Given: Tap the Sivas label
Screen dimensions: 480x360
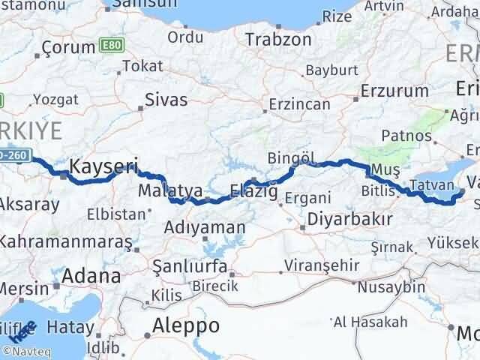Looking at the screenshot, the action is click(165, 97).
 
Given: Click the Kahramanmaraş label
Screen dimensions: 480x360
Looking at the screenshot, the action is click(65, 241).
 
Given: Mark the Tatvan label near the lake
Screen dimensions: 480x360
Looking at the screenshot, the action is click(430, 185).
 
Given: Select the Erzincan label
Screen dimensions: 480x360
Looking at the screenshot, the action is click(300, 104).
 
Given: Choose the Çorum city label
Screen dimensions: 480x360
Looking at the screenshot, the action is click(68, 47).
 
